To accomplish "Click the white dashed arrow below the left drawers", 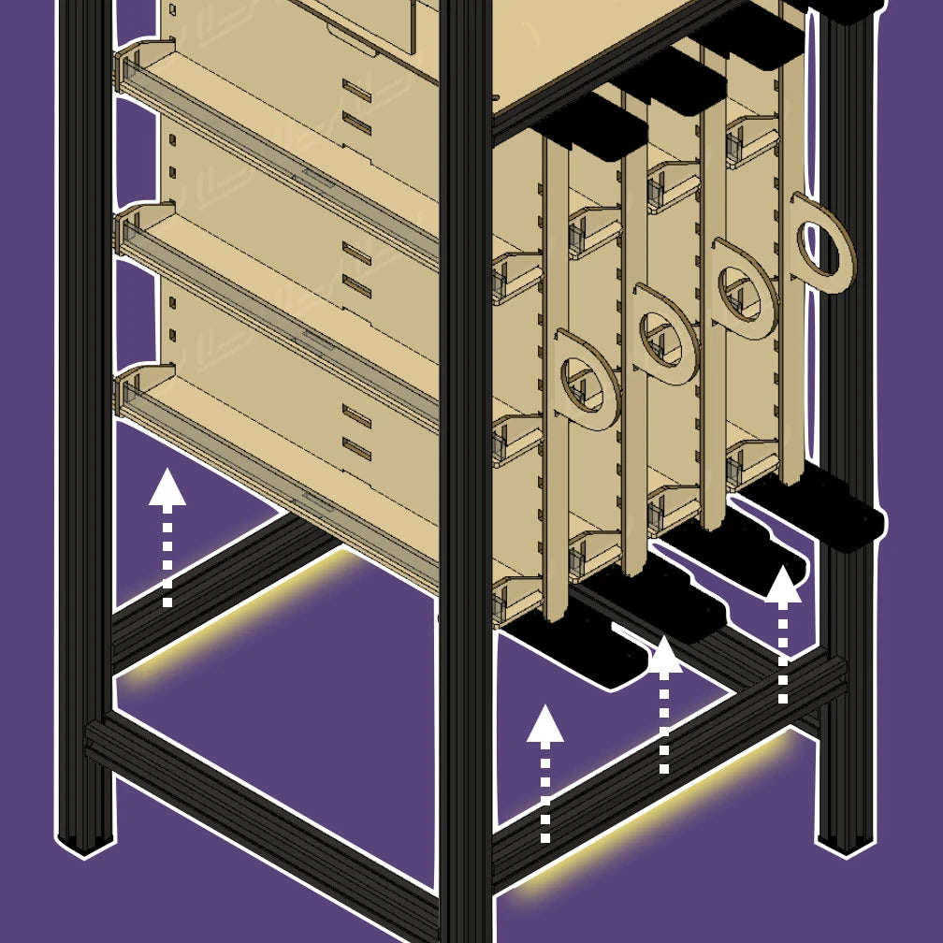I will pyautogui.click(x=167, y=538).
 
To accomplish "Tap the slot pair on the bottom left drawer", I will pyautogui.click(x=356, y=427).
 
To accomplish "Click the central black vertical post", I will pyautogui.click(x=465, y=468).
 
